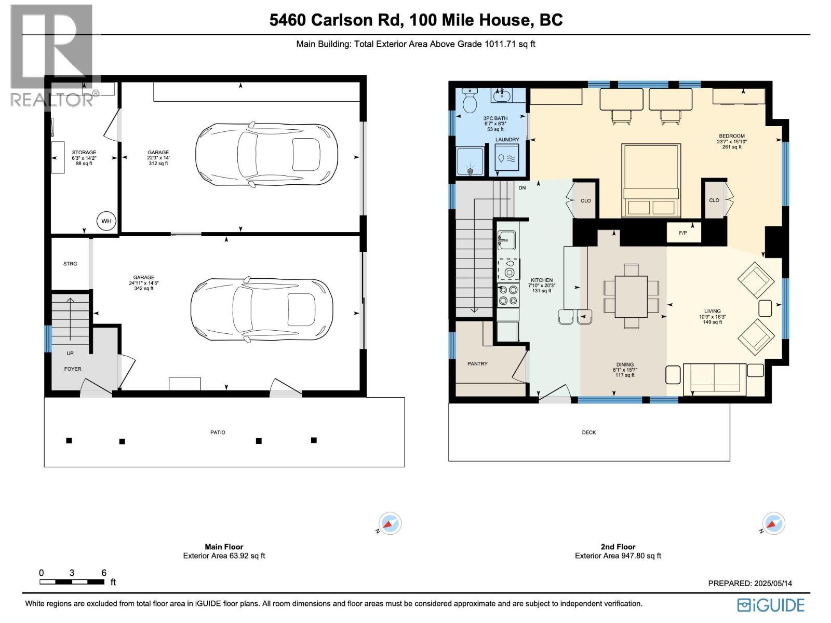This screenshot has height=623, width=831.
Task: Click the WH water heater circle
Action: tap(106, 221)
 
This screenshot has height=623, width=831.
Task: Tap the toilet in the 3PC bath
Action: tap(470, 101)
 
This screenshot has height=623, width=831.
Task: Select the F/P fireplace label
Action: tap(682, 233)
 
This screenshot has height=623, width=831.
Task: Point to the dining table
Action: tap(631, 296)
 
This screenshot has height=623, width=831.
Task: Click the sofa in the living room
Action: tap(715, 378)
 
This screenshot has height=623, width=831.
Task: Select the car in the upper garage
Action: tap(266, 155)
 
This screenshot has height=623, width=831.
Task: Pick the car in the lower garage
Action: tap(262, 310)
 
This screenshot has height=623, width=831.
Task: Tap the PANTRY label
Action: tap(477, 364)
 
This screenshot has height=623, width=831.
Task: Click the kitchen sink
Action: tap(506, 240)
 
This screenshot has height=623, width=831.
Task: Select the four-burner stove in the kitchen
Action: tap(507, 296)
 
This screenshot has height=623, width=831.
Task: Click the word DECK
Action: tap(589, 432)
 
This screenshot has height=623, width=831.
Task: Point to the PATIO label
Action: tap(218, 432)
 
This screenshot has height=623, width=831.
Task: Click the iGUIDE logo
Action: tap(771, 605)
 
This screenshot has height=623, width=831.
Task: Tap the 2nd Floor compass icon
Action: tap(773, 523)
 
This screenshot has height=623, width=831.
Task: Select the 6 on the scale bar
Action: tap(104, 573)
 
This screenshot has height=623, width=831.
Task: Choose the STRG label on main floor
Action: tap(70, 264)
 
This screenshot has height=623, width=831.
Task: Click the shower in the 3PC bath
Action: tap(470, 161)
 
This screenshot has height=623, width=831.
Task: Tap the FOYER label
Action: tap(73, 369)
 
